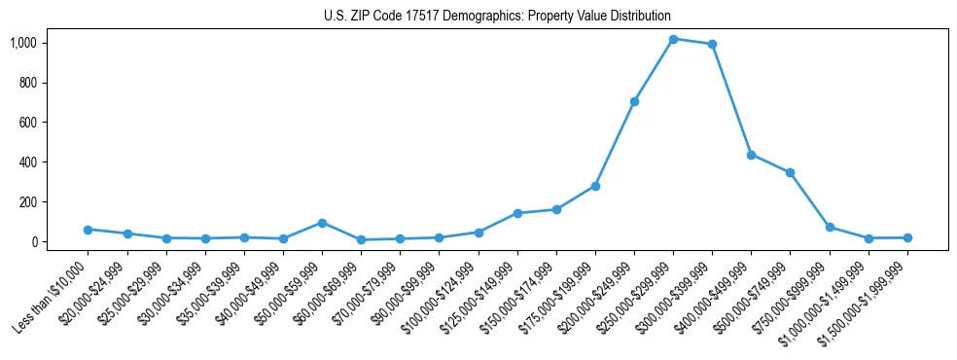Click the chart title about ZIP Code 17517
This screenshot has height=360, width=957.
(x=497, y=16)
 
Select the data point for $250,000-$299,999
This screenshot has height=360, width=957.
(x=673, y=39)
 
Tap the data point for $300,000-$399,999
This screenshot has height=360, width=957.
(x=712, y=44)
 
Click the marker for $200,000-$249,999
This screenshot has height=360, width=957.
(x=634, y=101)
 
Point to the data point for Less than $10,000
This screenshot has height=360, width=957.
(x=88, y=230)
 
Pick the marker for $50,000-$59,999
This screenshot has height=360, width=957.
(x=322, y=223)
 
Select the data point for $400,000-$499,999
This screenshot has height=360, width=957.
(x=751, y=155)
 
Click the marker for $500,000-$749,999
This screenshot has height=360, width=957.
(x=790, y=173)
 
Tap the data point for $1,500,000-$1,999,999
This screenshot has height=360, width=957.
(x=907, y=237)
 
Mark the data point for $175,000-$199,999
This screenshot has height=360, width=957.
(x=595, y=186)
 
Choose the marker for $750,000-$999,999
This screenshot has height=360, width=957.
(x=830, y=227)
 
